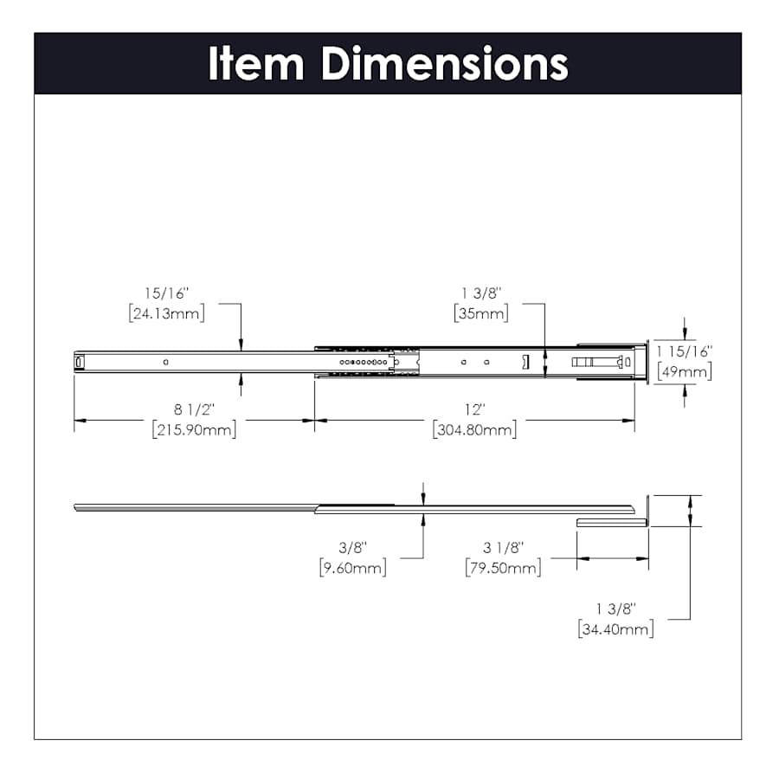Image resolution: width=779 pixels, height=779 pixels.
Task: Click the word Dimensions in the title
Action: click(444, 64)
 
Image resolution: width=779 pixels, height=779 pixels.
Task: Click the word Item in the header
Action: click(256, 64)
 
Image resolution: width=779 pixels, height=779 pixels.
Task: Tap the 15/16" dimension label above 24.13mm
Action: click(166, 294)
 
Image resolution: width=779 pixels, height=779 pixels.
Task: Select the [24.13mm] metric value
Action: click(166, 313)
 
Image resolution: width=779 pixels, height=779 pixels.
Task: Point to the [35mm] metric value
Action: click(480, 313)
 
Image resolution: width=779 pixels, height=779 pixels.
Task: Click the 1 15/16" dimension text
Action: click(684, 352)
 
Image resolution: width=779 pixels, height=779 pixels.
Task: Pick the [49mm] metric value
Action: click(684, 371)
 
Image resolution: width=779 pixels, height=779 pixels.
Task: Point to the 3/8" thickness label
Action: click(352, 548)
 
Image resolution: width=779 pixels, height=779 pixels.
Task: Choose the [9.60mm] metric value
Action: click(352, 567)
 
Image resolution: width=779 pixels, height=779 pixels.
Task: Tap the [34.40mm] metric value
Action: click(615, 629)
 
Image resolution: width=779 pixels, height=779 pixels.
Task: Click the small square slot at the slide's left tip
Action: click(80, 361)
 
